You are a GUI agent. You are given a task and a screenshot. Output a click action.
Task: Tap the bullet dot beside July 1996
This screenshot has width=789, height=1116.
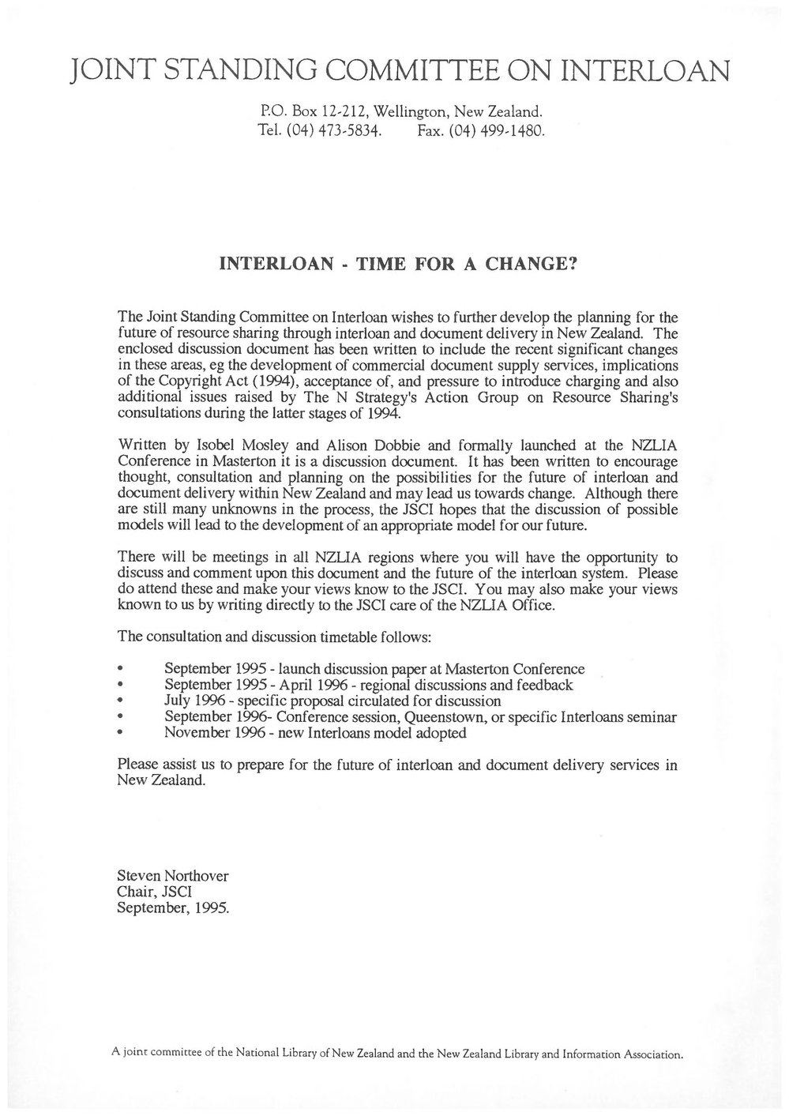click(119, 701)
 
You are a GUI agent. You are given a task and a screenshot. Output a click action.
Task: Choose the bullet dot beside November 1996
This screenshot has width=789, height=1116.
click(119, 733)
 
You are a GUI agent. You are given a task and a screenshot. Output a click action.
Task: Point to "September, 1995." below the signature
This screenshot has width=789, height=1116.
click(173, 907)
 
